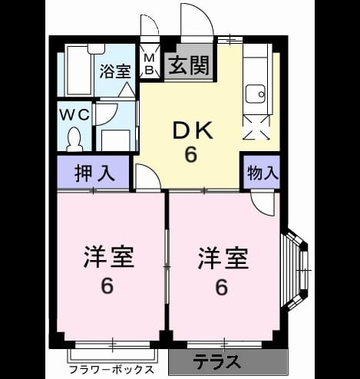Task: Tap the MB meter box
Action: click(x=150, y=63)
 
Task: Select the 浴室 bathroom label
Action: click(x=115, y=71)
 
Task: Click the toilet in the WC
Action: click(x=74, y=140)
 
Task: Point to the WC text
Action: click(x=74, y=114)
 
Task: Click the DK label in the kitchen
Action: click(x=193, y=131)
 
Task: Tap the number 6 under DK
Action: click(x=191, y=155)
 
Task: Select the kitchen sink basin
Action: click(x=256, y=94)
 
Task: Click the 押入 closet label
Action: click(x=94, y=174)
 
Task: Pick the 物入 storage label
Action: click(x=263, y=173)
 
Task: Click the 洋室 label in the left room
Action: click(x=109, y=257)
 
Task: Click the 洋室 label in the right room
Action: click(x=223, y=258)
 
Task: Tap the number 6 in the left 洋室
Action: click(x=107, y=286)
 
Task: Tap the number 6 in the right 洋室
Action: click(x=222, y=287)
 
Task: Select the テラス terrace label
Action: click(x=217, y=361)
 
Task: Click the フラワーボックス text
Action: click(x=112, y=370)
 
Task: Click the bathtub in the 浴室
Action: click(x=80, y=71)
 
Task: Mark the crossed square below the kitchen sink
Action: click(x=256, y=127)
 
